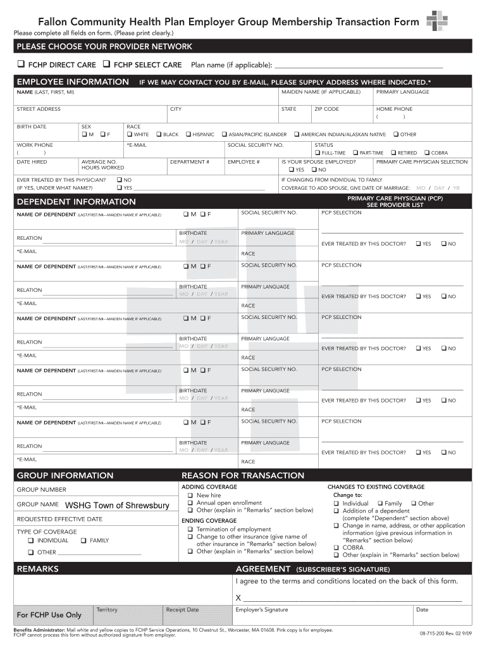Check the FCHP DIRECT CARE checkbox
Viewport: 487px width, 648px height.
[x=20, y=65]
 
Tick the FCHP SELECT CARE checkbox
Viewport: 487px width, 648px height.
[x=106, y=65]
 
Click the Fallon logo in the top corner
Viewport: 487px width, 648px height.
[x=437, y=21]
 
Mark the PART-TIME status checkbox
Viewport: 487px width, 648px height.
[x=355, y=153]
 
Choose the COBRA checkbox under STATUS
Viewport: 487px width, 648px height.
[x=426, y=153]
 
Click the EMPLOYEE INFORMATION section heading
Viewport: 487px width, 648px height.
[x=73, y=82]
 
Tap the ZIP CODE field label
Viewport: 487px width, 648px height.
[x=326, y=109]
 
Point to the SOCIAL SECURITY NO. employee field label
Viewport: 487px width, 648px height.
[x=256, y=145]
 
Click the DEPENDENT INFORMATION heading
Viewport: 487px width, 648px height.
[x=76, y=202]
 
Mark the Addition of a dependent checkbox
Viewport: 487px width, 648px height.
[x=336, y=511]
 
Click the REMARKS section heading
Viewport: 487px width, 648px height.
[x=37, y=569]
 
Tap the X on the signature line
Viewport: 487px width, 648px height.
[x=238, y=598]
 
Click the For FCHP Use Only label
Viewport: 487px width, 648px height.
[x=49, y=615]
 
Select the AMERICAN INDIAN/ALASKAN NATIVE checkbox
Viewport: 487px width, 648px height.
[x=296, y=135]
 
